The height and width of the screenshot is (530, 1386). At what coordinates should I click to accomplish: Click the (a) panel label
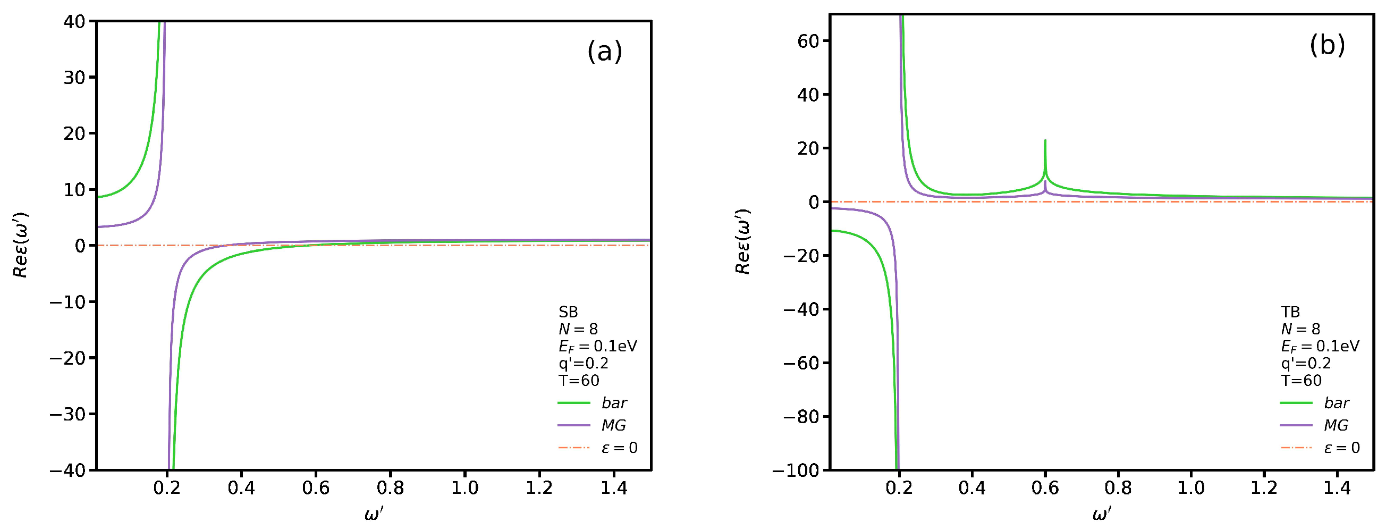coord(604,52)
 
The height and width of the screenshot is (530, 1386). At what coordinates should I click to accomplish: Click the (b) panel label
coord(1327,45)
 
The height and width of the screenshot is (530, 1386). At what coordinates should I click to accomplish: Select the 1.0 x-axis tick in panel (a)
coord(464,488)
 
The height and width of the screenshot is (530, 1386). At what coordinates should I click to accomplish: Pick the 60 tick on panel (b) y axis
coord(808,41)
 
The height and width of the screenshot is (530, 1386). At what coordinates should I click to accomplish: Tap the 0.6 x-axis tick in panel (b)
coord(1045,488)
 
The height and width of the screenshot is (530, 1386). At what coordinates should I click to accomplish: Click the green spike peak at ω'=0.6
coord(1045,141)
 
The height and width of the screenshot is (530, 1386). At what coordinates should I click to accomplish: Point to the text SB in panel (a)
coord(568,312)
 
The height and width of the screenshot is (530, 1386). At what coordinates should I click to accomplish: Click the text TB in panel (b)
coord(1290,312)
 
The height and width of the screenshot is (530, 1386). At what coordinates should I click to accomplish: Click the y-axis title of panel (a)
coord(20,245)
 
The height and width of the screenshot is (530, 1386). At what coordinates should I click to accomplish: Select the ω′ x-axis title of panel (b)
coord(1101,514)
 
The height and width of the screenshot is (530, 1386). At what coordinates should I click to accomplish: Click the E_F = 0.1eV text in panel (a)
coord(597,346)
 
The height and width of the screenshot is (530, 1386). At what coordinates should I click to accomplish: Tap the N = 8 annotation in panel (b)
coord(1300,329)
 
